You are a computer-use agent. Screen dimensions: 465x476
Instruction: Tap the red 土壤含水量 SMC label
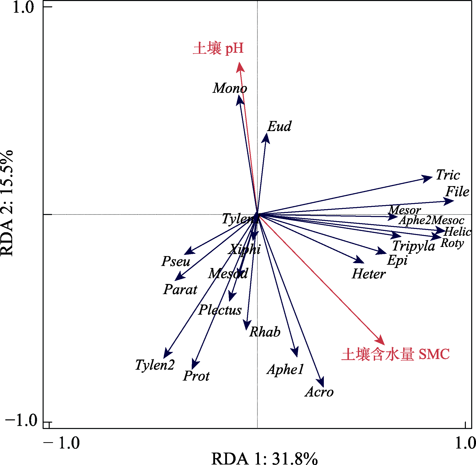(396, 354)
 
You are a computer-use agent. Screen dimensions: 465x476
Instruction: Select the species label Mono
(230, 88)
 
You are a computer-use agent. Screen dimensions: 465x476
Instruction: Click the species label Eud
(279, 126)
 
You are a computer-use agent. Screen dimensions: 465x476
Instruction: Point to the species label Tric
(448, 175)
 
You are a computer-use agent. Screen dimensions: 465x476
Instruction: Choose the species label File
(457, 191)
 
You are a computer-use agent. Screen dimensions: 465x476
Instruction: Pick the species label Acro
(319, 392)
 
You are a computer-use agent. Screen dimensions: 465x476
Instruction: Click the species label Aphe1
(286, 369)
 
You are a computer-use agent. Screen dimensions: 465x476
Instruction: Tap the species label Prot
(196, 376)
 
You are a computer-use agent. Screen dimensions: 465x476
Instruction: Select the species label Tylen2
(155, 365)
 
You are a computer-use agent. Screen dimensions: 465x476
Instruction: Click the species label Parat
(180, 289)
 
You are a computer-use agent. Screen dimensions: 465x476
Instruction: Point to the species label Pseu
(176, 261)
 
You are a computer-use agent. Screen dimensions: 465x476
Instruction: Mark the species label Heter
(369, 274)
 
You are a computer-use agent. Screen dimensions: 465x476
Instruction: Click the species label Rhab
(265, 332)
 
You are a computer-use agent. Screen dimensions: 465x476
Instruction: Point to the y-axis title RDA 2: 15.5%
(7, 203)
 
